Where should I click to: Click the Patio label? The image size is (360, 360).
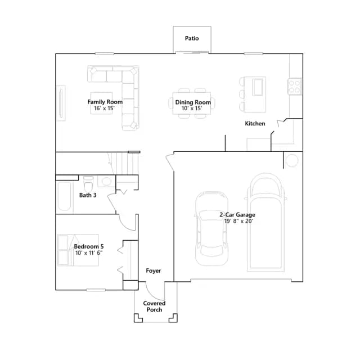[192, 38]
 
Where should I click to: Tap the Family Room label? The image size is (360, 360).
[105, 102]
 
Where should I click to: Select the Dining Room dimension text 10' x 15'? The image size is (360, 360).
[192, 109]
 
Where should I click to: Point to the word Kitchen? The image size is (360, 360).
[255, 124]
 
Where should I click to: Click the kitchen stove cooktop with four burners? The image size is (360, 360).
[295, 86]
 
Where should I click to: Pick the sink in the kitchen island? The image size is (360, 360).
[258, 87]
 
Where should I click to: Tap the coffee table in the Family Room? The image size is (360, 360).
[101, 103]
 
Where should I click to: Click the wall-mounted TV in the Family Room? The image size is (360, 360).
[61, 103]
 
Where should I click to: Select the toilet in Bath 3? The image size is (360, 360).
[88, 184]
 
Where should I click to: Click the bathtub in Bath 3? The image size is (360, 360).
[65, 196]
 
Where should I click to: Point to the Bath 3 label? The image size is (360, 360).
[88, 195]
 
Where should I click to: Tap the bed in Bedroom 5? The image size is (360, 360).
[78, 250]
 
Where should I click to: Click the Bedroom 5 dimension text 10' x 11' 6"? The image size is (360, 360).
[89, 253]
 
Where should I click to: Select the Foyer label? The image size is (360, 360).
[154, 271]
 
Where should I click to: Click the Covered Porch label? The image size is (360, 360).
[154, 307]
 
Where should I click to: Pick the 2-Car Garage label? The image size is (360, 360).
[237, 215]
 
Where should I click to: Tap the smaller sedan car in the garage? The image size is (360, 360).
[211, 229]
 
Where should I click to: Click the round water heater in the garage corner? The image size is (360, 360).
[292, 160]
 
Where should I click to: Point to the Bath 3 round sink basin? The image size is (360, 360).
[106, 181]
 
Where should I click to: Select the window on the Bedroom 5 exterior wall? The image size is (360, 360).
[96, 290]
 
